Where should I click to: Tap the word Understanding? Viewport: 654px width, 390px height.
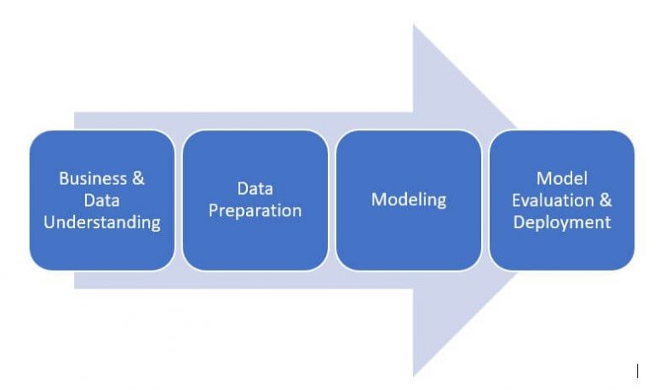[101, 223]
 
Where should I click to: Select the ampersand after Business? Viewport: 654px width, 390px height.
[136, 179]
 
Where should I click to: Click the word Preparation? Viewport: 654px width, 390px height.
[255, 210]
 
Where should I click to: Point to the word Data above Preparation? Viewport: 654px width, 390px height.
[255, 188]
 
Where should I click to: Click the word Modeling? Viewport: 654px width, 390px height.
[409, 200]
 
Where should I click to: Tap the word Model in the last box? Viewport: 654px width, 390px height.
[561, 178]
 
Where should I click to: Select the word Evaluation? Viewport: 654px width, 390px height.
[553, 200]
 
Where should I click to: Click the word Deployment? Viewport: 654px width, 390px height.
[561, 222]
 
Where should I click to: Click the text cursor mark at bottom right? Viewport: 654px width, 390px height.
[637, 370]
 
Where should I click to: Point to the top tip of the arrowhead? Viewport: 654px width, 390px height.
[414, 26]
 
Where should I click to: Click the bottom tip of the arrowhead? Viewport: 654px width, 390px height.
[414, 375]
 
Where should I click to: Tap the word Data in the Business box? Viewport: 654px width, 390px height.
[101, 201]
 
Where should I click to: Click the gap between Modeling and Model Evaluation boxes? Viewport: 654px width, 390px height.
[485, 200]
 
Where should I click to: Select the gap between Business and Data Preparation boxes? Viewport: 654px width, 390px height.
[178, 200]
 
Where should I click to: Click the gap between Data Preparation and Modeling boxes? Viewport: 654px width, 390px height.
[331, 200]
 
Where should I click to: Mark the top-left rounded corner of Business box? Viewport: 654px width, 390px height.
[35, 136]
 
